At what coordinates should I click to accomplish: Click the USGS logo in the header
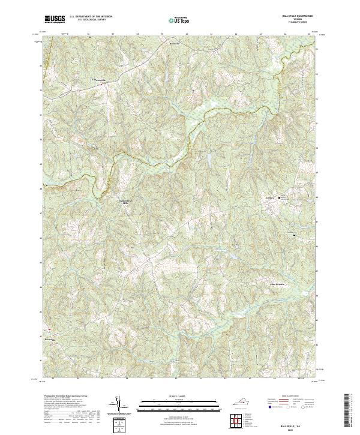[x=55, y=19]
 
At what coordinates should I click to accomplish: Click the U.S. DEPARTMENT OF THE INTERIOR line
[x=91, y=17]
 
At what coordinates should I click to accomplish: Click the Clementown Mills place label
[x=125, y=202]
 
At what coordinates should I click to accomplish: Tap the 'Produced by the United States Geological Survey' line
[x=66, y=397]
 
